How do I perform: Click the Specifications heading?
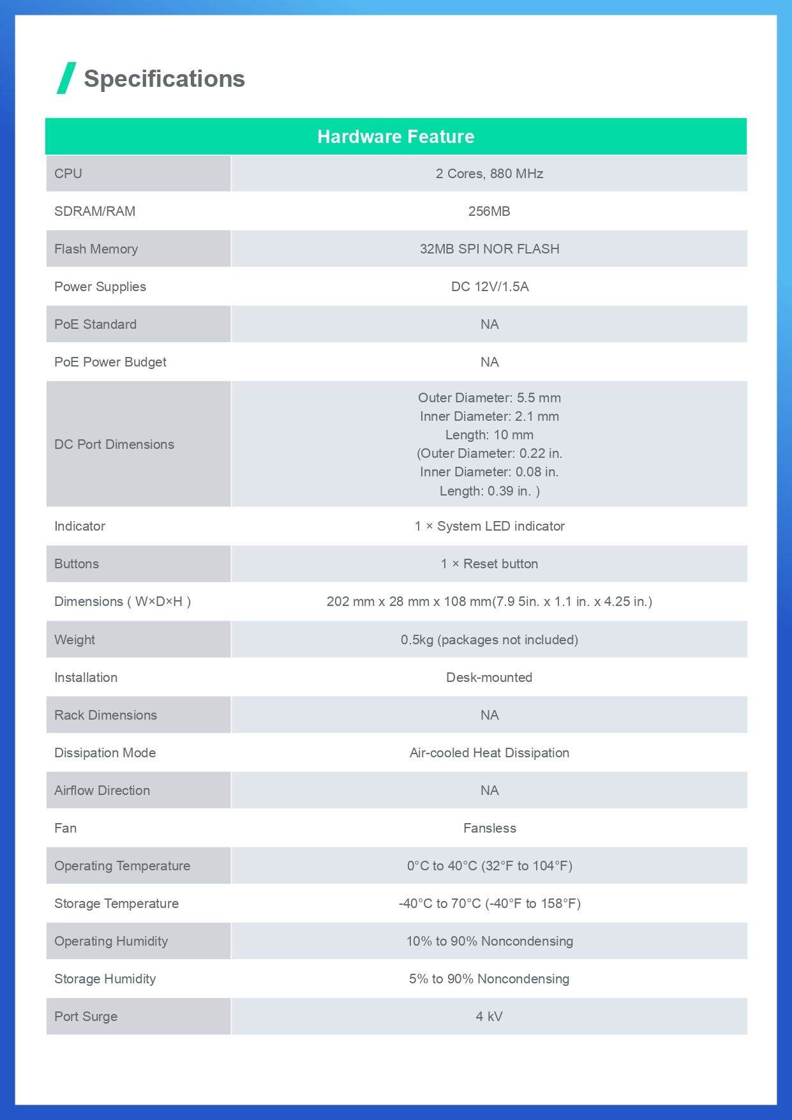(164, 79)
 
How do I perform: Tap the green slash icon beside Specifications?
(66, 78)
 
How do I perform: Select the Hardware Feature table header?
(396, 137)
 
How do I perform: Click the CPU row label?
(68, 174)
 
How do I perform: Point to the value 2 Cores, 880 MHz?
(489, 174)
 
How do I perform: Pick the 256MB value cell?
(489, 211)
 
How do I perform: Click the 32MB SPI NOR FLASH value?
(489, 249)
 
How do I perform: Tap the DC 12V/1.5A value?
(489, 287)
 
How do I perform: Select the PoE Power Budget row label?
(110, 362)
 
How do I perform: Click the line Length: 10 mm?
(489, 435)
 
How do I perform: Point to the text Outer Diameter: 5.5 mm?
(489, 398)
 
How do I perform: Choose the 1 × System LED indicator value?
(489, 526)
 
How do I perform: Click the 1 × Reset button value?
(489, 564)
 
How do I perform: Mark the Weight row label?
(75, 640)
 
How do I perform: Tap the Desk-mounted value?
(489, 677)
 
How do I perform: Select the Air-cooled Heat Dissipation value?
(489, 753)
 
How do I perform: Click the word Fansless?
(489, 828)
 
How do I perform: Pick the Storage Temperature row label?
(116, 904)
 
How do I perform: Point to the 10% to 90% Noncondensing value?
(489, 941)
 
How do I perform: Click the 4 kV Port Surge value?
(489, 1017)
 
